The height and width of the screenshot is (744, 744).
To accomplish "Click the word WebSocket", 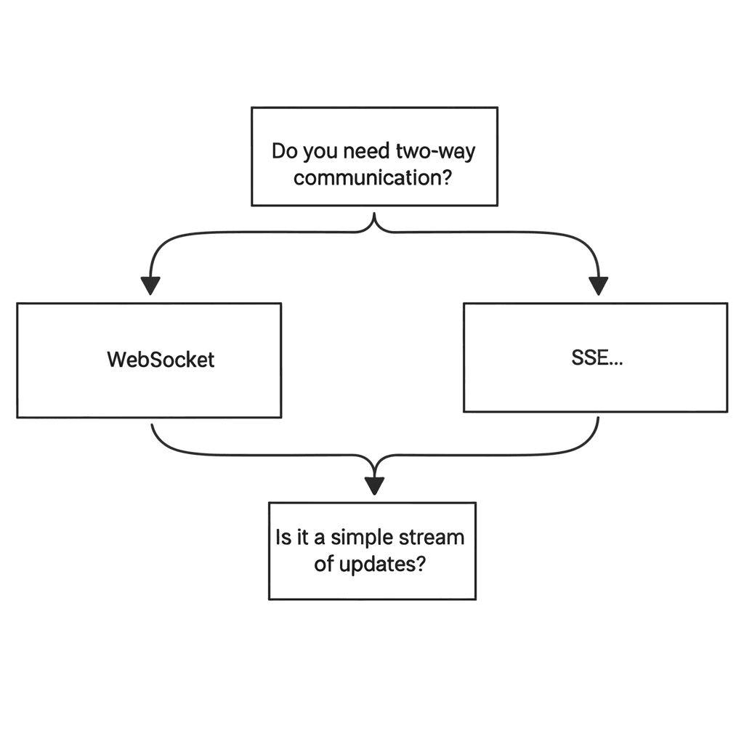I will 161,360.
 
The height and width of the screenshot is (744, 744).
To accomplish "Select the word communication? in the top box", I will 373,177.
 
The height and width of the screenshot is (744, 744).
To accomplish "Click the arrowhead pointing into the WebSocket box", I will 150,286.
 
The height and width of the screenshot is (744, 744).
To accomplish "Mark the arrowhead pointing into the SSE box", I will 598,286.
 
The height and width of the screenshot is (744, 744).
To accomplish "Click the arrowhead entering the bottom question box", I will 373,485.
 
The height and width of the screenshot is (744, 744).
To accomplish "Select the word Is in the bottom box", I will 283,538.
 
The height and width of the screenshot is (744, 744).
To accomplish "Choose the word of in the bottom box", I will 323,565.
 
